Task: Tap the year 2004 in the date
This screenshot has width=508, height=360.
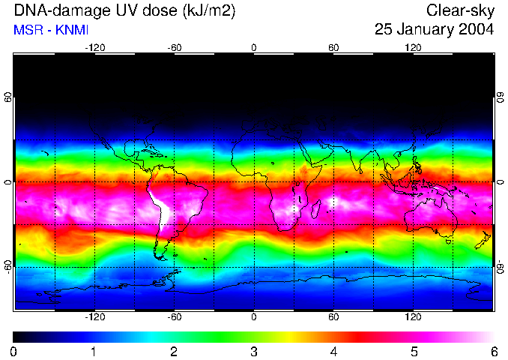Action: [477, 30]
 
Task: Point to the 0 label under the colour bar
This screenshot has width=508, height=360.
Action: [14, 351]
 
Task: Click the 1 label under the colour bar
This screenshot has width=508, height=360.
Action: [94, 351]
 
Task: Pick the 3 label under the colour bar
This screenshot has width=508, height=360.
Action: [254, 351]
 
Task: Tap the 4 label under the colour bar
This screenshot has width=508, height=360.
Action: [333, 351]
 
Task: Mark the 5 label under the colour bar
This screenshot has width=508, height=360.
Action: [414, 351]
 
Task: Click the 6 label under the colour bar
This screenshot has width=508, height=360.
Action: [493, 351]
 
